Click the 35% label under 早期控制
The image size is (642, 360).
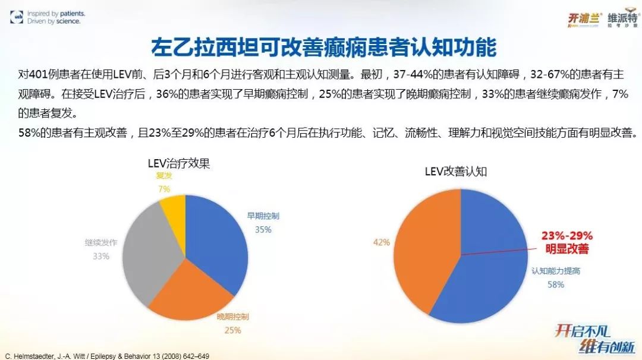click(263, 229)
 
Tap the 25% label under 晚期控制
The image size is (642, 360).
click(232, 329)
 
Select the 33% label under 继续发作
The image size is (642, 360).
click(101, 256)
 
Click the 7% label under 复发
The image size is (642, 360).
click(164, 189)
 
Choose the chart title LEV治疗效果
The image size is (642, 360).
click(178, 163)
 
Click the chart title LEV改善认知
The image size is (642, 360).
click(456, 172)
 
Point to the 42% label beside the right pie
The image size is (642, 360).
click(381, 242)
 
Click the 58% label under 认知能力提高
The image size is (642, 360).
click(556, 285)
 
